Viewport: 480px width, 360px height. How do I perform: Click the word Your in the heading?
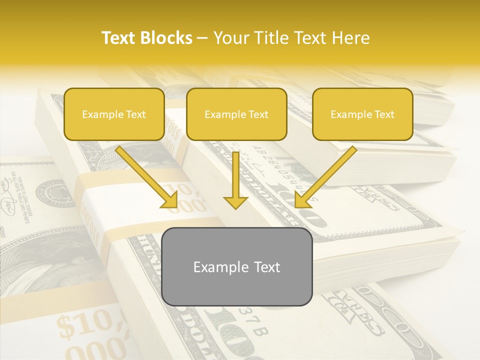[x=229, y=38]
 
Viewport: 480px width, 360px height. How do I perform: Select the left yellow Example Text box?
[x=114, y=114]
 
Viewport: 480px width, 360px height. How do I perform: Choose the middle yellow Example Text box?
[x=236, y=114]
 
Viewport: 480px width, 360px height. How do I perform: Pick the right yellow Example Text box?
[x=362, y=114]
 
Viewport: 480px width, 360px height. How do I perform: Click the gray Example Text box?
[x=237, y=266]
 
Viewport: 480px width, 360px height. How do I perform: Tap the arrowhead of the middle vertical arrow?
[x=235, y=202]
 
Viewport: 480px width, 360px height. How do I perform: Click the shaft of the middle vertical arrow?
[x=235, y=172]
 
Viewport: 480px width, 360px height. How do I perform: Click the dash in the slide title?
[x=202, y=38]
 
